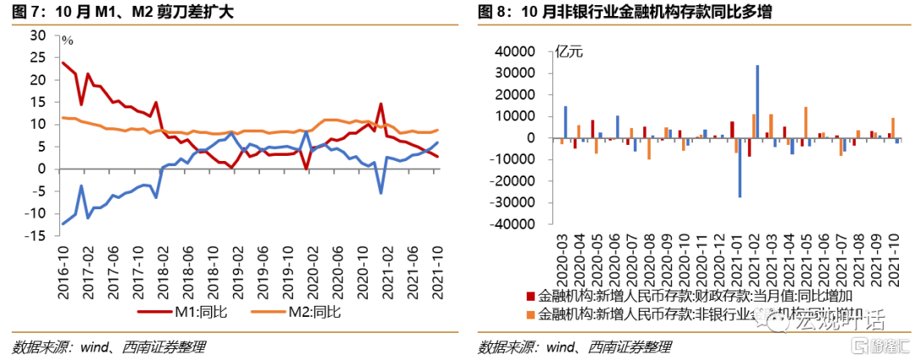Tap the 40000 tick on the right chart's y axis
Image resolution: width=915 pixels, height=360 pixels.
518,52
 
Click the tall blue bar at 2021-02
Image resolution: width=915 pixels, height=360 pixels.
757,102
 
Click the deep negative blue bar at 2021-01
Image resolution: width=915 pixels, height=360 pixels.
740,168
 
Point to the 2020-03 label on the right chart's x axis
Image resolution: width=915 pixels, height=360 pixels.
562,262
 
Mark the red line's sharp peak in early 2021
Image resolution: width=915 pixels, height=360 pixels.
382,104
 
